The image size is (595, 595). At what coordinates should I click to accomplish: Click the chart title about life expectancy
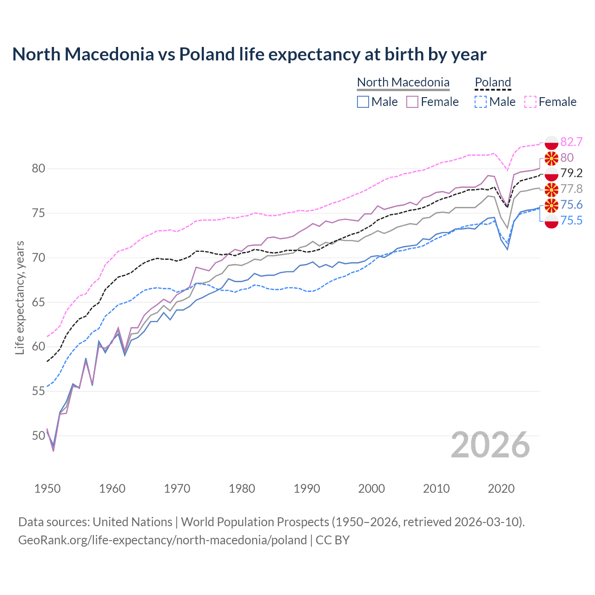point(249,54)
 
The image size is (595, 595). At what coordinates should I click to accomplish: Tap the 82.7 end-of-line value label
point(571,142)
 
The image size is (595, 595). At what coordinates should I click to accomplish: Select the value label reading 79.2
point(571,173)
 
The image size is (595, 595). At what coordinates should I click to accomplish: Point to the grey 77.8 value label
point(571,189)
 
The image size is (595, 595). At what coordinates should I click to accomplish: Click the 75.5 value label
point(571,220)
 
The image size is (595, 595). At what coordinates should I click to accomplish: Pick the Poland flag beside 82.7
point(551,142)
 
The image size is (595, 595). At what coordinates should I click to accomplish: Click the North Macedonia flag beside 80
point(551,158)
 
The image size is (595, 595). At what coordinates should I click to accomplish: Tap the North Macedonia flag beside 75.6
point(551,205)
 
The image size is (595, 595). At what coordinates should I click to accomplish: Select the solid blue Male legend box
point(363,102)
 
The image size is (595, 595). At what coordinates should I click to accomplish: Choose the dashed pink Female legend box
point(530,102)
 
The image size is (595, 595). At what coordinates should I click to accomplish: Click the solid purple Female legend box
point(412,102)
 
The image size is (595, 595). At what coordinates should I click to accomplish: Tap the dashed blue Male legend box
point(481,102)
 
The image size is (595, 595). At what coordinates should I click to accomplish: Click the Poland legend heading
point(493,82)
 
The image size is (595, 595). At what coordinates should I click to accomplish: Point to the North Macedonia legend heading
point(403,82)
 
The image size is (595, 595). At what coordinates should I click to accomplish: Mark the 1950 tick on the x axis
point(47,489)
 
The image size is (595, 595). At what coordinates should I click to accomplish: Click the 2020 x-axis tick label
point(501,489)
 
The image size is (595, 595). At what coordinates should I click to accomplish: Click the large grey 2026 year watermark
point(490,445)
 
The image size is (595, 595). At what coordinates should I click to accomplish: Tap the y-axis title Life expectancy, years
point(20,297)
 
